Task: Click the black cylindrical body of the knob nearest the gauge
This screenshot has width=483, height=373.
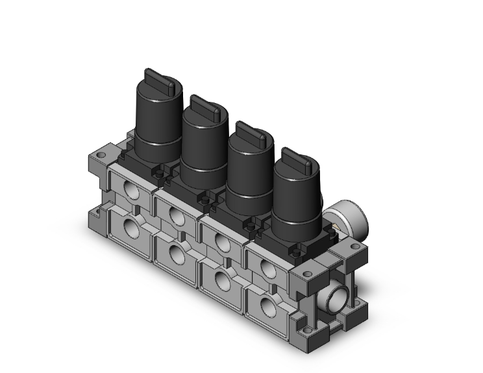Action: tap(295, 201)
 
